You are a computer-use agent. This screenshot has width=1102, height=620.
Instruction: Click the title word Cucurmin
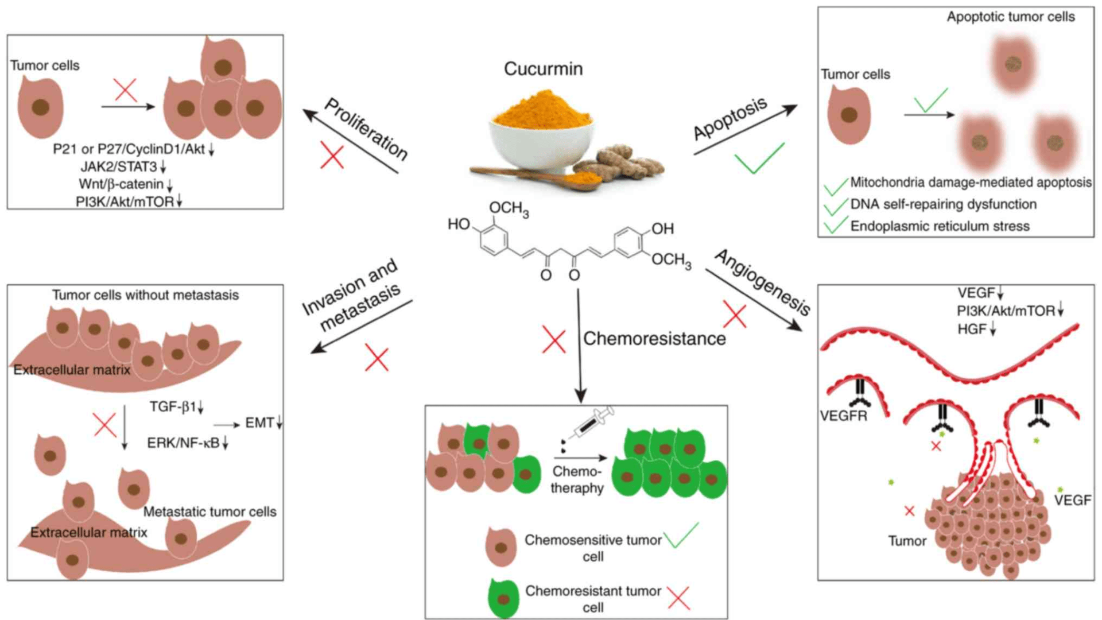pyautogui.click(x=543, y=69)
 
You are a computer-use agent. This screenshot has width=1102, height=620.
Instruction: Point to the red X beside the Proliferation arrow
pyautogui.click(x=332, y=156)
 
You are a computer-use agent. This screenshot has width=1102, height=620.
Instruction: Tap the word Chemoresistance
pyautogui.click(x=654, y=339)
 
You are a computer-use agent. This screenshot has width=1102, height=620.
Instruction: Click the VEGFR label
pyautogui.click(x=843, y=416)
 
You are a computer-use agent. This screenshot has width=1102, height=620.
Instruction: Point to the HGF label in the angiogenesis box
pyautogui.click(x=972, y=329)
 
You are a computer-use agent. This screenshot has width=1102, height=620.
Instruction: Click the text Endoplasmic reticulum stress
pyautogui.click(x=940, y=226)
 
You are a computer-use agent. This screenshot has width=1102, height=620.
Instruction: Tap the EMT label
pyautogui.click(x=259, y=423)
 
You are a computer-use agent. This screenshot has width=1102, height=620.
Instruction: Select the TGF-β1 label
pyautogui.click(x=173, y=406)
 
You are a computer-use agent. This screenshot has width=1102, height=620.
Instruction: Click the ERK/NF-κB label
pyautogui.click(x=183, y=443)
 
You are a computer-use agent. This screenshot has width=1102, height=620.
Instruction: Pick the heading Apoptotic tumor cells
pyautogui.click(x=1011, y=17)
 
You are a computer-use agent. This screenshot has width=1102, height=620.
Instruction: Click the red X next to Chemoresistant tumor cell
pyautogui.click(x=679, y=598)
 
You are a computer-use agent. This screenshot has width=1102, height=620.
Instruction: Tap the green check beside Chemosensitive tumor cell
pyautogui.click(x=681, y=534)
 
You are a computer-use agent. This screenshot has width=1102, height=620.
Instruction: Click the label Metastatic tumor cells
pyautogui.click(x=209, y=511)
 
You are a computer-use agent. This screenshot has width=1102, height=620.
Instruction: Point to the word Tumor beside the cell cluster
pyautogui.click(x=907, y=541)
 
